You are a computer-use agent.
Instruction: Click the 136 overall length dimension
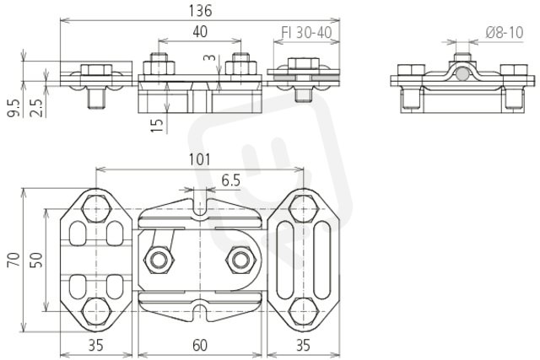pyautogui.click(x=200, y=11)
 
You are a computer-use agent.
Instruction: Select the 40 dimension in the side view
pyautogui.click(x=200, y=32)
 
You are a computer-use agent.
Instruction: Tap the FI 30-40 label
pyautogui.click(x=306, y=33)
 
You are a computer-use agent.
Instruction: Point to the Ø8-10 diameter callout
pyautogui.click(x=505, y=33)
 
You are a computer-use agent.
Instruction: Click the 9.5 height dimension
pyautogui.click(x=13, y=108)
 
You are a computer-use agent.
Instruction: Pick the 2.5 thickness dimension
pyautogui.click(x=36, y=108)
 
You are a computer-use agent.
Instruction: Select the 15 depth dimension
pyautogui.click(x=157, y=126)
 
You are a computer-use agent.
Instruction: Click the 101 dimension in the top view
pyautogui.click(x=200, y=159)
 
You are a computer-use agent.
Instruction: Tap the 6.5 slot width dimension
pyautogui.click(x=230, y=180)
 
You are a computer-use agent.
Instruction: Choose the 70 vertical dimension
pyautogui.click(x=13, y=260)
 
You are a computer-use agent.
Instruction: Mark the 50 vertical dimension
pyautogui.click(x=36, y=260)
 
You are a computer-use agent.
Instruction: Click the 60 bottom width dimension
pyautogui.click(x=200, y=345)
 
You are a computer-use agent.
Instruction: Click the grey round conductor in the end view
pyautogui.click(x=462, y=74)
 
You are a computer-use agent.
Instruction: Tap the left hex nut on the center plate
pyautogui.click(x=159, y=260)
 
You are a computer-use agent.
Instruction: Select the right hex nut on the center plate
pyautogui.click(x=240, y=260)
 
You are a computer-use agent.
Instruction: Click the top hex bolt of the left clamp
pyautogui.click(x=95, y=208)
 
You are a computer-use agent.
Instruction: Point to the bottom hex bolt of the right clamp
pyautogui.click(x=303, y=311)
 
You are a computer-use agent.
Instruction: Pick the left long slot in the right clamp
pyautogui.click(x=284, y=260)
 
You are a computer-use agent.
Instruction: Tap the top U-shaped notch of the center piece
pyautogui.click(x=200, y=209)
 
